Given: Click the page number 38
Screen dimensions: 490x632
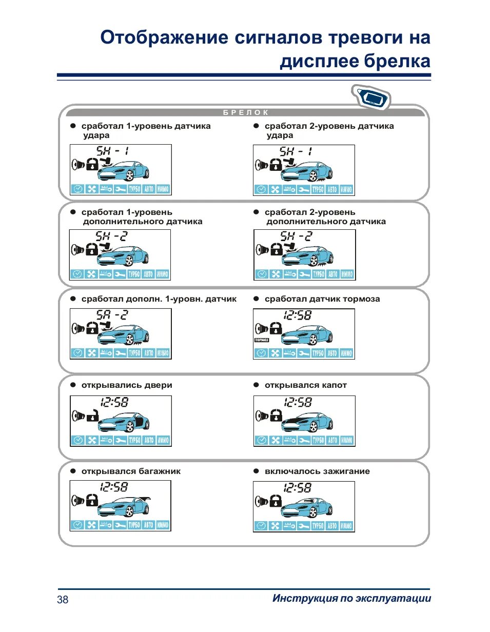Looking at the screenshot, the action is (63, 600).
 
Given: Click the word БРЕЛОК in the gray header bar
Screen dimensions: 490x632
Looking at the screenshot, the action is (246, 113).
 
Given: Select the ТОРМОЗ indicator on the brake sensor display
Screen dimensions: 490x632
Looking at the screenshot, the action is (262, 340).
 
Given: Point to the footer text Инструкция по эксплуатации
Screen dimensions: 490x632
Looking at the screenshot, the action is (351, 599).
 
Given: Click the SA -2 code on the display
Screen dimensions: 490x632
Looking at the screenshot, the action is (111, 315).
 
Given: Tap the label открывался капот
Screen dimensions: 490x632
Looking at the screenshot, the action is (305, 385).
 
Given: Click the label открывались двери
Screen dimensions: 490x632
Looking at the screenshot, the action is (127, 385).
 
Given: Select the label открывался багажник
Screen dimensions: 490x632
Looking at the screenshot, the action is (131, 471).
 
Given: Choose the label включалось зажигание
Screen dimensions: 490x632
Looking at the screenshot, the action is (317, 471).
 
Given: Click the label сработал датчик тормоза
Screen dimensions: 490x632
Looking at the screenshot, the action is (322, 299).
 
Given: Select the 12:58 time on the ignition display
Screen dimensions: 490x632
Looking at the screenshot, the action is (297, 487).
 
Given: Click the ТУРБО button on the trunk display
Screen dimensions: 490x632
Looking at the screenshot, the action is (134, 525).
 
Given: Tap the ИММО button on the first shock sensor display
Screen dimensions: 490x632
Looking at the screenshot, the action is (163, 189).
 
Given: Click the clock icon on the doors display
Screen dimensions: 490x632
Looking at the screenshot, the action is (77, 440).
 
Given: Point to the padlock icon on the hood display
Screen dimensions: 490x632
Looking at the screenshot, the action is (276, 413).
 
